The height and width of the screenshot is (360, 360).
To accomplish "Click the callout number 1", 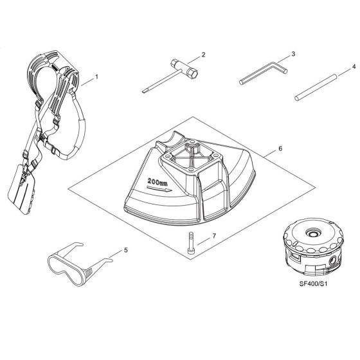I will pos(96,76).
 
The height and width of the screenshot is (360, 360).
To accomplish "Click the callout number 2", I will pos(203,55).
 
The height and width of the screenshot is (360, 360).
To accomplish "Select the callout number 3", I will pos(292,55).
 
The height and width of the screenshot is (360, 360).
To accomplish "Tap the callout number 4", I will pos(353,67).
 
